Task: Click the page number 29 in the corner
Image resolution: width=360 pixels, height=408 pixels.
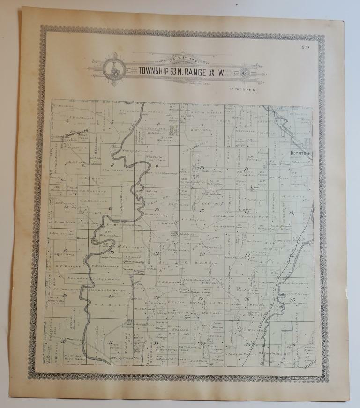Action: [306, 46]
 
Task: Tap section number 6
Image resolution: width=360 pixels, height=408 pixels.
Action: [67, 120]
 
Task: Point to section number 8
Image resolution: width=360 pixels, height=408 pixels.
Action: [112, 165]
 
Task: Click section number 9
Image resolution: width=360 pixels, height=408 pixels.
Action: [157, 166]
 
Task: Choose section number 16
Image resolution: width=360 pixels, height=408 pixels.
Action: [157, 209]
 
